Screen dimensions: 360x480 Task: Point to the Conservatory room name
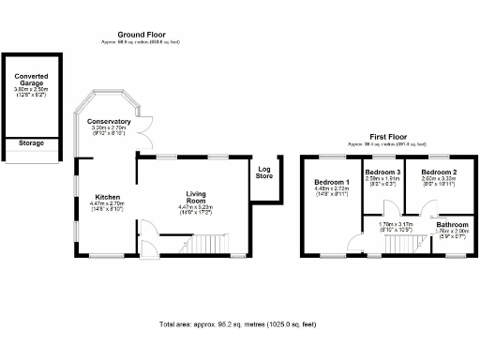point(109,122)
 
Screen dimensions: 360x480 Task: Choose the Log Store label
point(264,172)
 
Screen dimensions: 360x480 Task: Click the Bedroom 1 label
point(332,181)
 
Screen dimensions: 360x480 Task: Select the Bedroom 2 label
point(438,173)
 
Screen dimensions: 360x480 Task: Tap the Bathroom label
point(453,225)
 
